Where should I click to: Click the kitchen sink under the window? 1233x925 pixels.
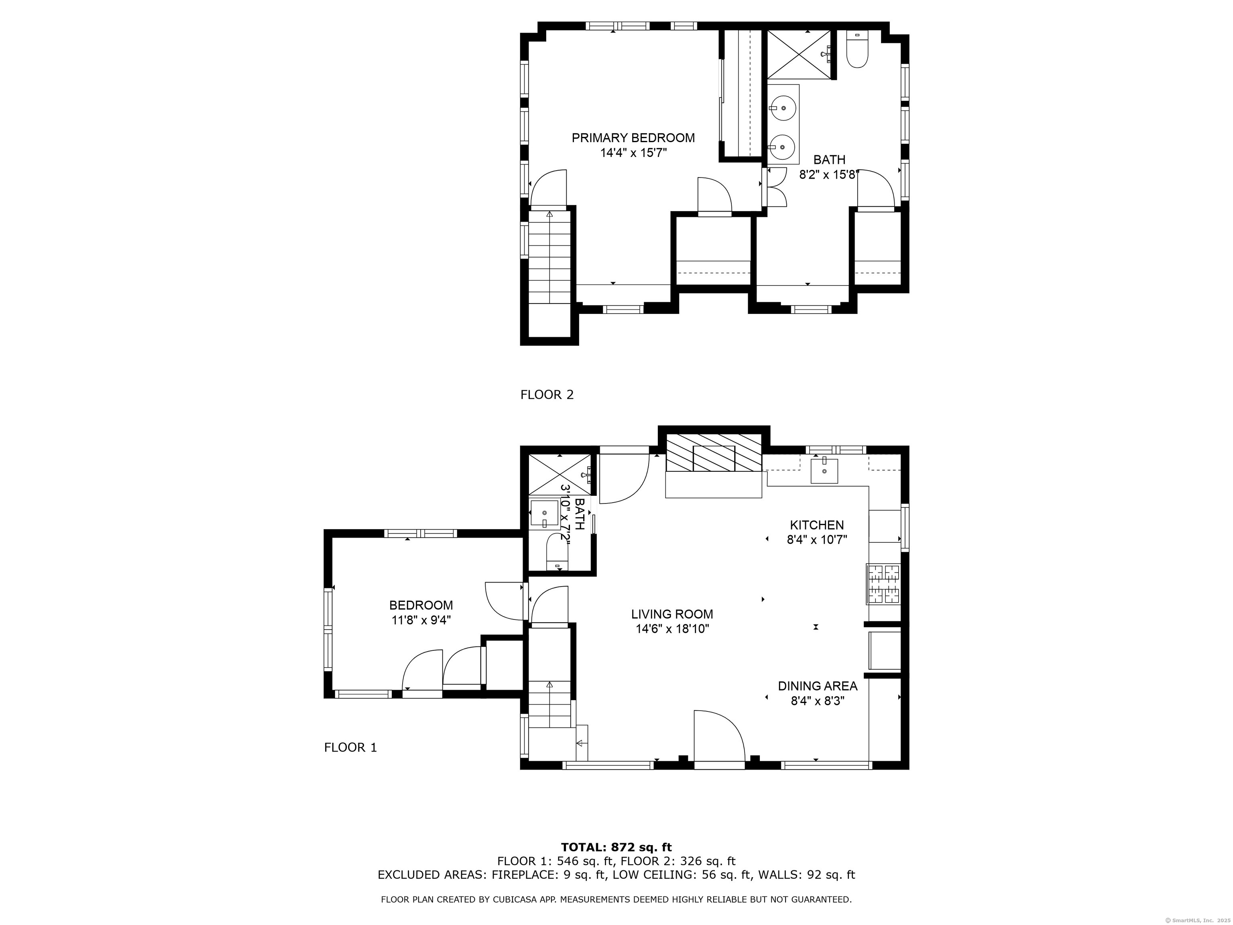point(824,470)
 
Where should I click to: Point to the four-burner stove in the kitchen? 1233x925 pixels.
point(883,584)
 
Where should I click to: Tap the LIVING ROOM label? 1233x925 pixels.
point(671,614)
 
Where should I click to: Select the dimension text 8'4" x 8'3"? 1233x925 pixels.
point(817,700)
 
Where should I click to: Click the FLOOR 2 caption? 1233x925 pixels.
point(547,395)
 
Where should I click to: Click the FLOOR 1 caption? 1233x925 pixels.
point(350,747)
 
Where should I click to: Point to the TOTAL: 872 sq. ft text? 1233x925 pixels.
point(616,848)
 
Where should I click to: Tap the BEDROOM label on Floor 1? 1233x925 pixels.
point(421,605)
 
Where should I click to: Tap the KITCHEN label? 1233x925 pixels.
point(817,525)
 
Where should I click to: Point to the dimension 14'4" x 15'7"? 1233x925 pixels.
point(633,153)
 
